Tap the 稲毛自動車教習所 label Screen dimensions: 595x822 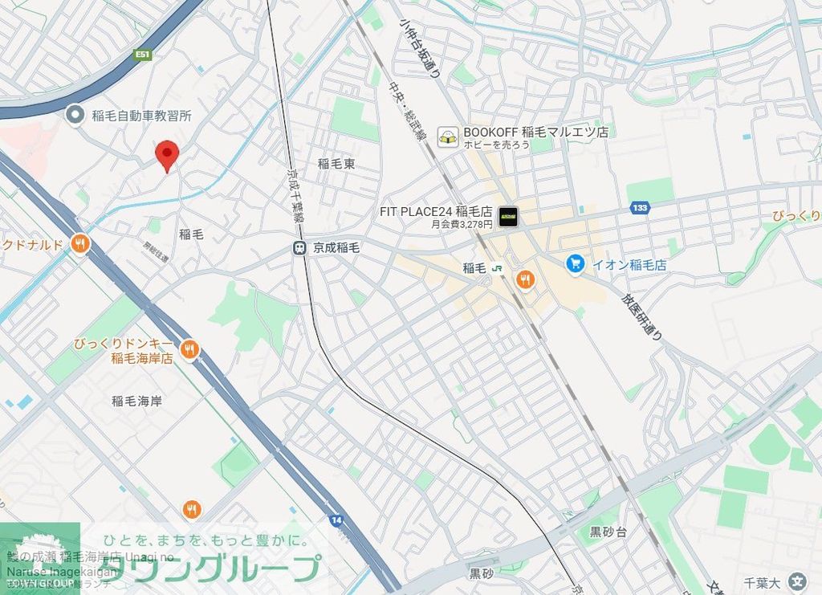click(x=141, y=116)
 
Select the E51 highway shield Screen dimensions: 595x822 click(x=143, y=55)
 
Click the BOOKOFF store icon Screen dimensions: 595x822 click(x=448, y=137)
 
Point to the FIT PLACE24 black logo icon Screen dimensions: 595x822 click(x=507, y=216)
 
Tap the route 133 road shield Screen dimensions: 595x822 click(x=640, y=209)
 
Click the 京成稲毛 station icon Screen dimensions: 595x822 click(x=299, y=249)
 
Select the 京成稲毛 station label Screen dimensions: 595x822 click(x=336, y=249)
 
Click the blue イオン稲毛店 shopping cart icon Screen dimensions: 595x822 click(x=575, y=263)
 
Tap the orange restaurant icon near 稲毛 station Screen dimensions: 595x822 click(x=526, y=279)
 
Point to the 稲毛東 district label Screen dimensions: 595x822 click(x=336, y=164)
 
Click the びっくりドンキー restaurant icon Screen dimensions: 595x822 click(x=189, y=349)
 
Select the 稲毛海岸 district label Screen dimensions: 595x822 click(x=136, y=401)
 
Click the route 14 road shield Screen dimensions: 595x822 click(x=336, y=520)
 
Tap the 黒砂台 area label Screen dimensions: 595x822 click(x=608, y=532)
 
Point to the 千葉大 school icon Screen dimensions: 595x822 click(x=797, y=581)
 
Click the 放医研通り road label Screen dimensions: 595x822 click(x=641, y=317)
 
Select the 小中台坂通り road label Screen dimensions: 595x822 click(x=420, y=48)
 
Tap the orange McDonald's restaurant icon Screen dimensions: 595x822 click(x=79, y=244)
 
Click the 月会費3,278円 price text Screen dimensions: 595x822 click(x=462, y=225)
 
